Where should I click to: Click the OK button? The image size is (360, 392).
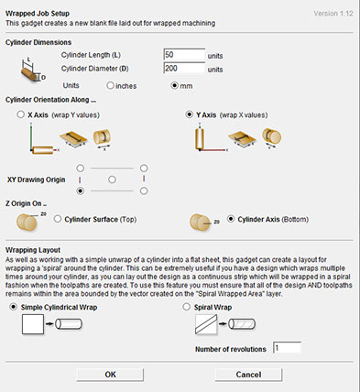110,375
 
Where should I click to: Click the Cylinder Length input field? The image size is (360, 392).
184,55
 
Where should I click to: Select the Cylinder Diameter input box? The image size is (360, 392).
184,68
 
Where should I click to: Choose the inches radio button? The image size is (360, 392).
110,85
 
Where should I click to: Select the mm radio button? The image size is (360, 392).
174,85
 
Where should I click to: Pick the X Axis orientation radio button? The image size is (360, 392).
21,114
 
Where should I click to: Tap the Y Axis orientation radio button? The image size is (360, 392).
190,114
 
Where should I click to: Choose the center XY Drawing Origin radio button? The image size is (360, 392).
112,180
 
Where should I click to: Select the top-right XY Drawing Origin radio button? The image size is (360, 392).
144,169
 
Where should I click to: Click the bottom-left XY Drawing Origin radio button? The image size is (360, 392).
80,191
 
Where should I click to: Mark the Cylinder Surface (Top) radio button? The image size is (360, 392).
58,219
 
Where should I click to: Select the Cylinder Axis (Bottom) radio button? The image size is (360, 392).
231,219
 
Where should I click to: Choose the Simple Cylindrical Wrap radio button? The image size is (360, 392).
14,307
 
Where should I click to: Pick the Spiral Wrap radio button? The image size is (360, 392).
187,307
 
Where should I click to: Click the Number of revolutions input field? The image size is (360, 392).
287,348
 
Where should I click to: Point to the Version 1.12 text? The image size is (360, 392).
333,14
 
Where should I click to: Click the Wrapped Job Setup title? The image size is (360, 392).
38,14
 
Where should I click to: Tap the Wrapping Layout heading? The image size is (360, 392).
33,250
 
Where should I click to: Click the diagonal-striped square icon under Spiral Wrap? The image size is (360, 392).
206,324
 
